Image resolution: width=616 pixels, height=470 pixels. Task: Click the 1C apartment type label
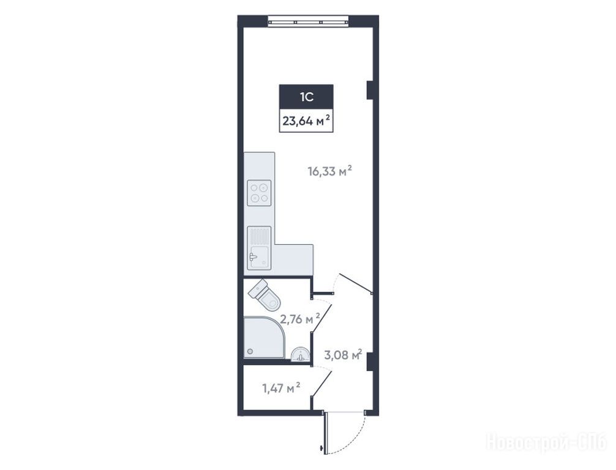[306, 97]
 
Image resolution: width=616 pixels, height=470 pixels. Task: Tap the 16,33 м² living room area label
[329, 171]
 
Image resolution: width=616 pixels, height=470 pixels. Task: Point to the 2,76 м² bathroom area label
[300, 319]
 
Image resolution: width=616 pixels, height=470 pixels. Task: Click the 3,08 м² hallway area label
[343, 354]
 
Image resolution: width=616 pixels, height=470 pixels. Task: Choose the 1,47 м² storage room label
[281, 389]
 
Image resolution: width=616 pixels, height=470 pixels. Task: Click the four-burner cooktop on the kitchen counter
[259, 192]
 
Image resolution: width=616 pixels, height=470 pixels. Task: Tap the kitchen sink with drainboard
[259, 248]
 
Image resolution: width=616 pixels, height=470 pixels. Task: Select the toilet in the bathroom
[265, 295]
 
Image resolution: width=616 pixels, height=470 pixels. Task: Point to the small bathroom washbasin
[300, 353]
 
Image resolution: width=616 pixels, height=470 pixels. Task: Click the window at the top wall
[309, 21]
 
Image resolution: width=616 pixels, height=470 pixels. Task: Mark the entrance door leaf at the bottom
[325, 433]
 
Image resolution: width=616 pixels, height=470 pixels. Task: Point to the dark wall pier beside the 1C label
[369, 91]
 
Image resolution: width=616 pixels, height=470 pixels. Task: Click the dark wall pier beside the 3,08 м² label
[369, 361]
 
